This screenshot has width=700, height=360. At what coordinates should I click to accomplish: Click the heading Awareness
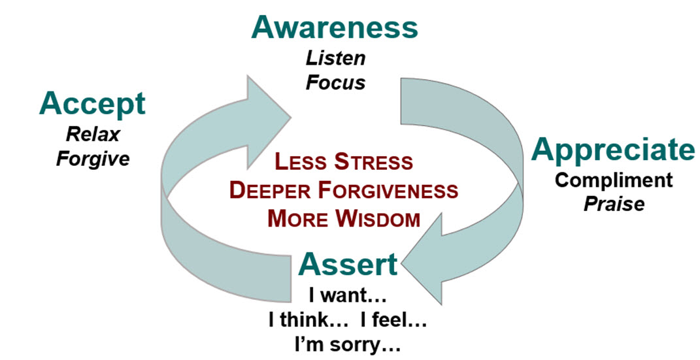tap(334, 27)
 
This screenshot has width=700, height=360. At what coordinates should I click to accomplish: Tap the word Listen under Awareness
tap(335, 59)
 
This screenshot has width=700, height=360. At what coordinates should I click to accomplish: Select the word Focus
tap(336, 83)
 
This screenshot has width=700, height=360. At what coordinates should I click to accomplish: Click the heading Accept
tap(92, 105)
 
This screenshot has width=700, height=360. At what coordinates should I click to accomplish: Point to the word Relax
tap(92, 135)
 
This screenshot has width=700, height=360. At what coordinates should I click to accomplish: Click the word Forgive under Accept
tap(93, 159)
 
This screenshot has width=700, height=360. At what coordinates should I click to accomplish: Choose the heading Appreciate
tap(612, 150)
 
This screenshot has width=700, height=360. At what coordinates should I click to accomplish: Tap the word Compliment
tap(614, 180)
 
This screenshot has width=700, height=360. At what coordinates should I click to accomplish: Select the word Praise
tap(614, 204)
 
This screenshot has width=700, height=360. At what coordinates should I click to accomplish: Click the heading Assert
tap(348, 265)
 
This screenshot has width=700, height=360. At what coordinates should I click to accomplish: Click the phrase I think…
tap(303, 321)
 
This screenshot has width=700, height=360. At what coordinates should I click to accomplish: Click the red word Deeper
tap(268, 191)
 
